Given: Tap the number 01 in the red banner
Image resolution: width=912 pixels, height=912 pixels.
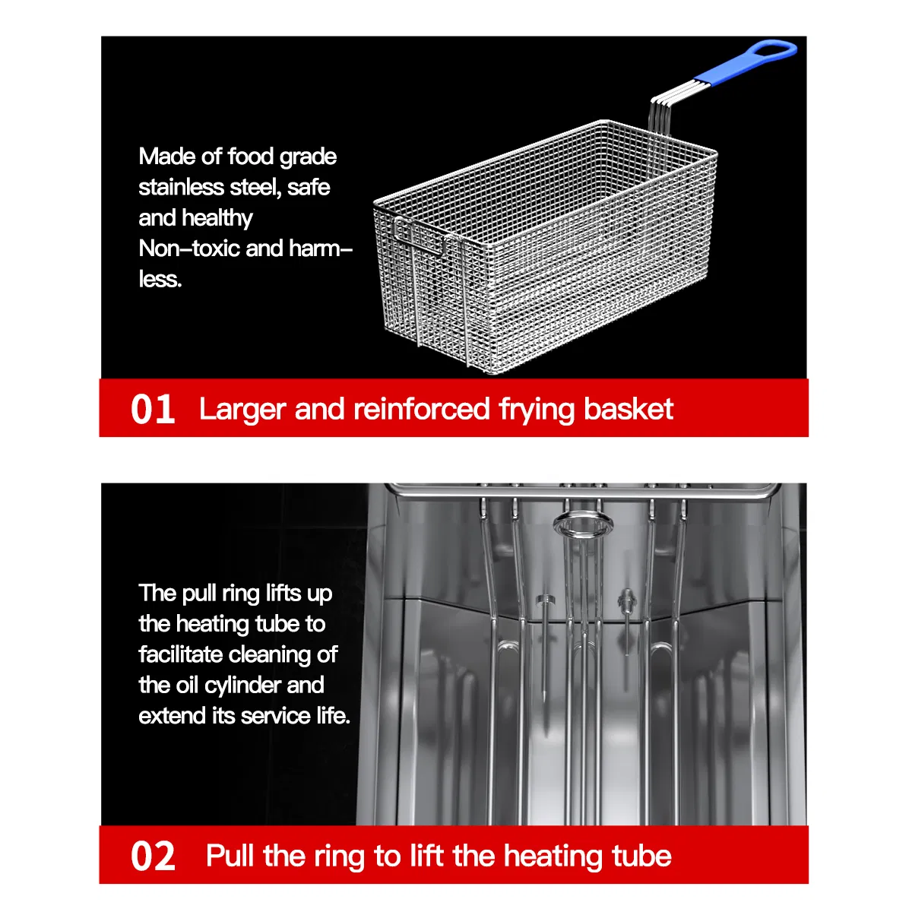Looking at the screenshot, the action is click(x=153, y=410).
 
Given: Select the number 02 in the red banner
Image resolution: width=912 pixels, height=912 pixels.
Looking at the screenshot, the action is click(x=153, y=857).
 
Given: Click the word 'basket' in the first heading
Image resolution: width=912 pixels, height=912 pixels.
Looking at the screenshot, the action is click(x=628, y=408).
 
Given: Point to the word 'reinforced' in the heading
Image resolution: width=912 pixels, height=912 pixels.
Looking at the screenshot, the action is click(x=421, y=408).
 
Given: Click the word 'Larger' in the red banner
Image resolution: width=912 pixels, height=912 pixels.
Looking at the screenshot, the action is click(x=242, y=410).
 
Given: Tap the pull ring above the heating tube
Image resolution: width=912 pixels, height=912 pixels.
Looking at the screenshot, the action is click(x=583, y=524).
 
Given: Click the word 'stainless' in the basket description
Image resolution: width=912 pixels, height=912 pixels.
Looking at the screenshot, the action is click(x=181, y=187).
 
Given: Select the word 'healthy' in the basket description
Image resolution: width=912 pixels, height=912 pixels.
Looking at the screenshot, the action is click(x=217, y=219).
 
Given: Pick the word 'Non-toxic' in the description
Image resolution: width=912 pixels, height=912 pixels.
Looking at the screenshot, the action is click(x=188, y=248).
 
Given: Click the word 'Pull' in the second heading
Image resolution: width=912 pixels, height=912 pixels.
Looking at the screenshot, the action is click(x=230, y=856).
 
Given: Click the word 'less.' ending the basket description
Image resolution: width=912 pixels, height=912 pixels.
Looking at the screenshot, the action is click(x=160, y=279).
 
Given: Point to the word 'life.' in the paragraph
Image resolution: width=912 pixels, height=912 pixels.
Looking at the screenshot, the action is click(x=334, y=716).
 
